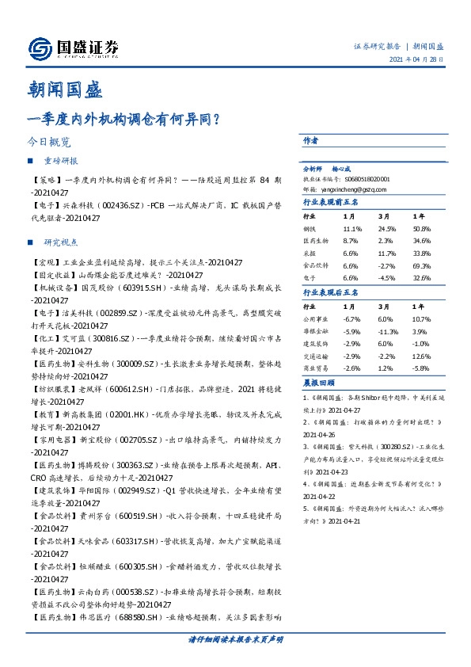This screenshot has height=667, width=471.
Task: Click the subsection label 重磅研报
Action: coord(61,161)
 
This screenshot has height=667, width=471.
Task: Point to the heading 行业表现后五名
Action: coord(332,293)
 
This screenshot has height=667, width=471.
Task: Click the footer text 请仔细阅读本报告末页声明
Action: coord(235,638)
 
